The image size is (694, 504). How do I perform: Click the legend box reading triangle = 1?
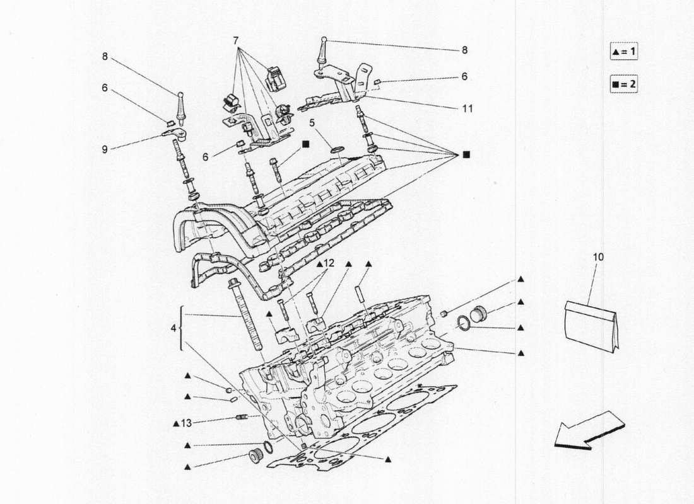[x=623, y=52]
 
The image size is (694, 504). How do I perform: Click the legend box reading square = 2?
[x=623, y=84]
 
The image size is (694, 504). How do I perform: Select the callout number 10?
[x=598, y=257]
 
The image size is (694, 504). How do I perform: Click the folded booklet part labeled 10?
[x=591, y=324]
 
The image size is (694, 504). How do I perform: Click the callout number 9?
[x=105, y=149]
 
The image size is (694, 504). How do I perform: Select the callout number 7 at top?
[x=235, y=40]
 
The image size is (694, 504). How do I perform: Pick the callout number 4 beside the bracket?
[x=173, y=328]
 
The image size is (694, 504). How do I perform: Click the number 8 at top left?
[x=105, y=56]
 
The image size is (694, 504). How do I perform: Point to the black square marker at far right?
[x=466, y=154]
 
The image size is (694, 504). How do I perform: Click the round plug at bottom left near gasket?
[x=256, y=455]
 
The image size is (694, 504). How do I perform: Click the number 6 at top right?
[x=464, y=77]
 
